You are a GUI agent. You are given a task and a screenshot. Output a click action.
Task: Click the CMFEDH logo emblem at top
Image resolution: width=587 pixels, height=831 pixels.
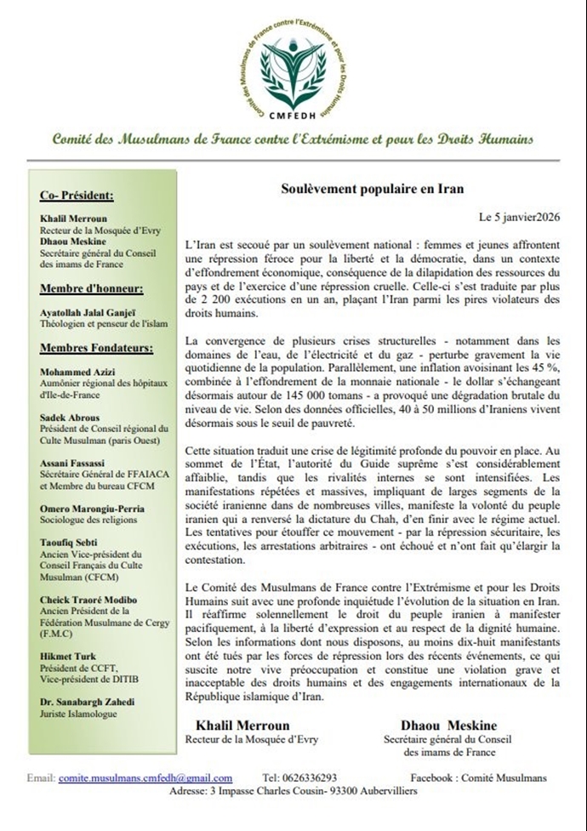point(293,65)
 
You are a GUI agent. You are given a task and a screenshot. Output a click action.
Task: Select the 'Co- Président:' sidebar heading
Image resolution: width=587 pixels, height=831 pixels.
point(77,196)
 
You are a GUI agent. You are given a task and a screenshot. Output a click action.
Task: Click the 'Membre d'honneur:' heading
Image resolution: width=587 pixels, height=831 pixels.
point(91,288)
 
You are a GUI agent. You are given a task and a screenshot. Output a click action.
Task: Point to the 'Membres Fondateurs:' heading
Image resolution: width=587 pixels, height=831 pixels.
point(96,348)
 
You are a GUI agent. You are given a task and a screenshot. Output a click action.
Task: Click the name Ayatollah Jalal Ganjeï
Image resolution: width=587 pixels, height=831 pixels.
point(94,313)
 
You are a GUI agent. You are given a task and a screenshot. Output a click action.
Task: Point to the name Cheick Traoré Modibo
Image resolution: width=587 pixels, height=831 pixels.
point(88,599)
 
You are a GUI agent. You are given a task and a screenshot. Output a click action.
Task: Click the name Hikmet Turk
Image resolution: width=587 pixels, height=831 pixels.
point(68,657)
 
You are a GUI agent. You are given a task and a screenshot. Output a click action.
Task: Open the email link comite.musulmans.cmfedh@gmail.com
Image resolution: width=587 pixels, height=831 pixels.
point(145,777)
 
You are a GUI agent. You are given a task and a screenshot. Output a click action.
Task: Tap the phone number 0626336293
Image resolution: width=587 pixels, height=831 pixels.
point(311,777)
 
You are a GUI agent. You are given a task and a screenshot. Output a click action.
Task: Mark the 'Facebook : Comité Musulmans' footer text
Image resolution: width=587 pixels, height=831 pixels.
point(478,777)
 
